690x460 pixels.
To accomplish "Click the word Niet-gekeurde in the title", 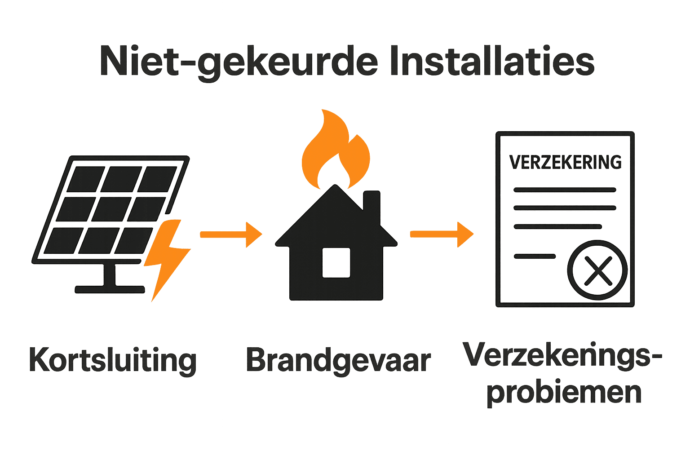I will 238,62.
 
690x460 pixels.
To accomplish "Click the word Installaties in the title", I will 492,61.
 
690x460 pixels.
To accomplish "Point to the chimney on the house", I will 372,204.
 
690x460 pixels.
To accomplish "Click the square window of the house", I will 336,262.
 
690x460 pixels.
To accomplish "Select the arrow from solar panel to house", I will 231,234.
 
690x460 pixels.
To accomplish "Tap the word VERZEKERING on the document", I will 565,162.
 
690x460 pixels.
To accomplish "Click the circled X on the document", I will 597,270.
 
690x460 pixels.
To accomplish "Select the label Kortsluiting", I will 113,361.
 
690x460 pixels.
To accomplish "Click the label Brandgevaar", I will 338,361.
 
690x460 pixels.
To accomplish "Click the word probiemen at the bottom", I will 564,392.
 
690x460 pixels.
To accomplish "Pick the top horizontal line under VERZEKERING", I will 565,190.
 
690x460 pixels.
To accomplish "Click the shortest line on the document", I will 535,257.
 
